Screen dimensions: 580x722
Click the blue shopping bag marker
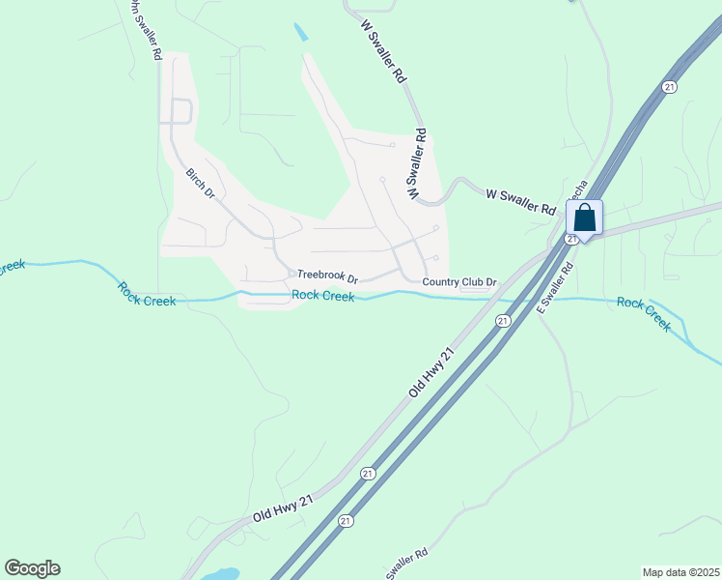pos(585,217)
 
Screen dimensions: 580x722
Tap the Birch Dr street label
pos(201,184)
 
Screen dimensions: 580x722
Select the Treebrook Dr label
pos(327,275)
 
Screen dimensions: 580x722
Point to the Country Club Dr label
pos(459,282)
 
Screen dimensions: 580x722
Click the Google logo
pos(32,568)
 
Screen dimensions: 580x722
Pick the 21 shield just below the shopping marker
pos(571,239)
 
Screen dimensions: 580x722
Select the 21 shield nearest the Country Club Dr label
pos(503,320)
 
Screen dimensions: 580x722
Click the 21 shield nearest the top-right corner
pos(669,87)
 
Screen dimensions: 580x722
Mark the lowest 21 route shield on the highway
pos(345,520)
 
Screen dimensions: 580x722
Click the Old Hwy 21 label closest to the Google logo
pos(284,509)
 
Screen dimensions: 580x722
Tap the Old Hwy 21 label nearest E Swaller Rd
pos(430,372)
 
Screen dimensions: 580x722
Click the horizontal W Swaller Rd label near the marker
pos(521,202)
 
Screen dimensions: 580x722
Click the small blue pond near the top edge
pos(301,32)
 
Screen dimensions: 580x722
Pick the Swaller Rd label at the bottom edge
pos(406,565)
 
